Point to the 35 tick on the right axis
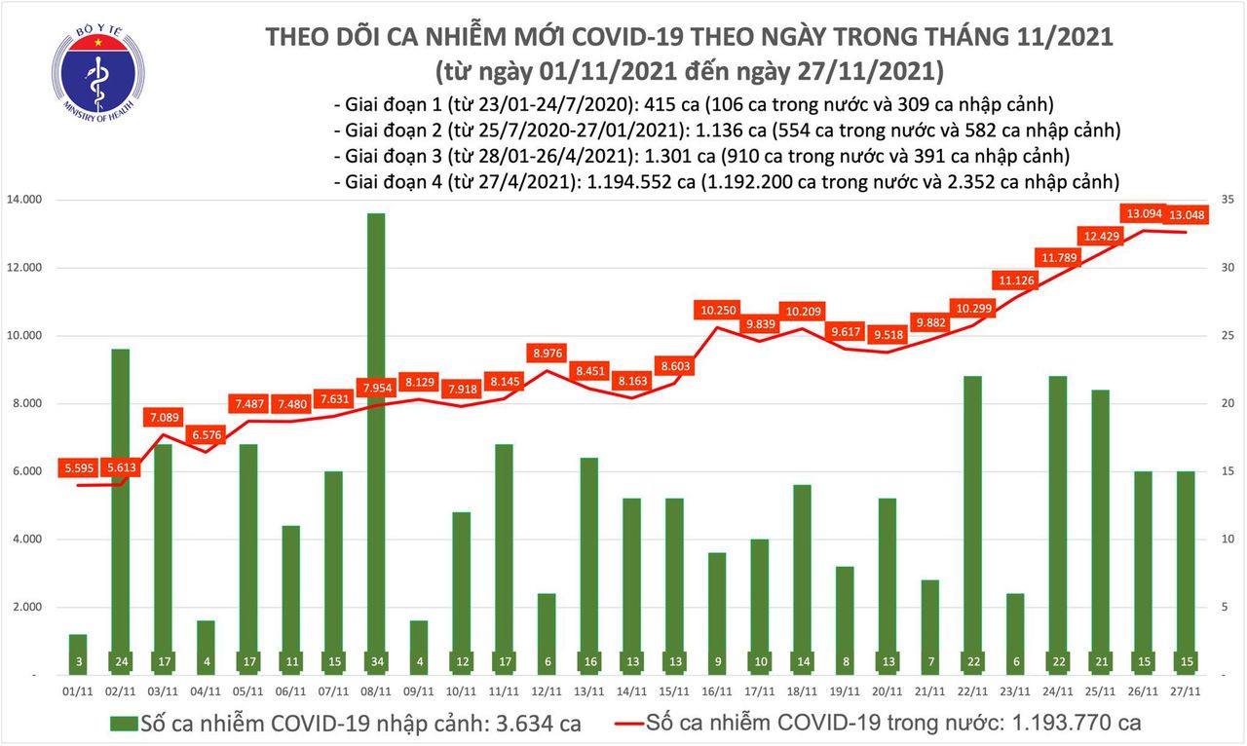click(1229, 200)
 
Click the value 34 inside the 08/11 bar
click(375, 663)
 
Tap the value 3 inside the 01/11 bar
click(78, 663)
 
